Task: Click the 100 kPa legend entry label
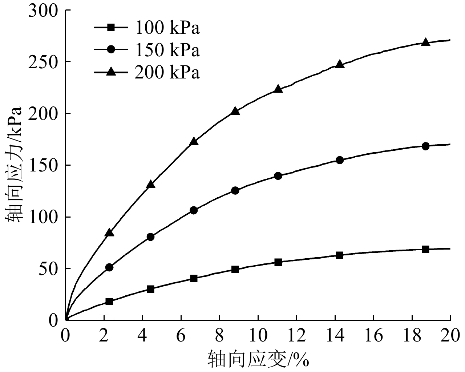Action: pos(167,28)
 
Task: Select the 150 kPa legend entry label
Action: pos(167,50)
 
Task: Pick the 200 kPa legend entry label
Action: pos(167,73)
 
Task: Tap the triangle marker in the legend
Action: pos(112,72)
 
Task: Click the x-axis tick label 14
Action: pos(335,336)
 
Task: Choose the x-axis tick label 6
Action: pos(181,336)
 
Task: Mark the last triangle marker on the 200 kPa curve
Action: pos(425,42)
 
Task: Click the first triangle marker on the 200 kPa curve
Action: pos(109,232)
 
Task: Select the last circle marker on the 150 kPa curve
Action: pos(425,146)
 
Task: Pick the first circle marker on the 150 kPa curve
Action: pos(109,267)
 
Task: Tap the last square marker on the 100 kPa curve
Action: pos(425,249)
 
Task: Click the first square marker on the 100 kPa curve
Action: pos(109,302)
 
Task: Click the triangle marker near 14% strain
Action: pos(340,64)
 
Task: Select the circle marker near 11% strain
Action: pos(278,176)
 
